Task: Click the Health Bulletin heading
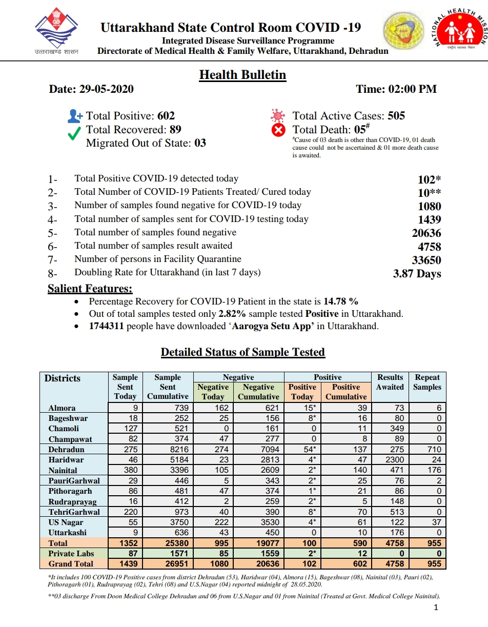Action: [242, 75]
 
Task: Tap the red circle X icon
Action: [277, 130]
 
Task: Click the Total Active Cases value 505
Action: [396, 116]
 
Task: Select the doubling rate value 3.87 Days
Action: [417, 274]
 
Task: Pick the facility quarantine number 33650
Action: [426, 260]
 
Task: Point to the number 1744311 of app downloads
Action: [106, 327]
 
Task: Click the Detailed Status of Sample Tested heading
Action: [242, 352]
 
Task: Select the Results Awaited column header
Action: [390, 382]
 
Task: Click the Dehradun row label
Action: [66, 450]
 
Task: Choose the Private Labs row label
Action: [71, 554]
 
